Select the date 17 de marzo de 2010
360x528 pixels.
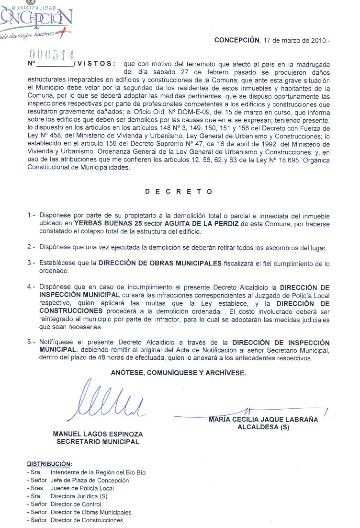(294, 41)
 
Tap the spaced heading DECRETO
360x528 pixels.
(179, 192)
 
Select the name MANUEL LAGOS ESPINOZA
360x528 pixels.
(98, 434)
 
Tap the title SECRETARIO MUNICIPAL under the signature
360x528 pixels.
(98, 442)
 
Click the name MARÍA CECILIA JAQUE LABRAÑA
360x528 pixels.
(263, 420)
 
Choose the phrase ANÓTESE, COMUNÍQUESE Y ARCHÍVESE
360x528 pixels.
(179, 373)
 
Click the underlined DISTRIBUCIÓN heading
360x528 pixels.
(49, 464)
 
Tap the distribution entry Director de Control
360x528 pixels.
(76, 504)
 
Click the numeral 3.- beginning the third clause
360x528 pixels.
(32, 263)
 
